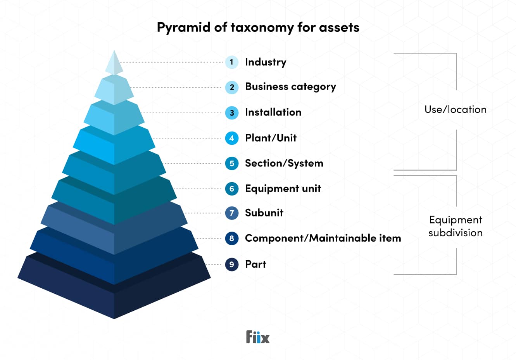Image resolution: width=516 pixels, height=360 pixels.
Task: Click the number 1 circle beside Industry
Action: point(231,62)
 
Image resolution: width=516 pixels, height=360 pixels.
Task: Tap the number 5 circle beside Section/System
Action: point(231,163)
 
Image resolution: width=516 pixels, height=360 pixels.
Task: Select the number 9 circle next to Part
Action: point(231,265)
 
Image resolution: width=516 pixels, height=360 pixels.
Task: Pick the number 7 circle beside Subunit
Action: point(231,213)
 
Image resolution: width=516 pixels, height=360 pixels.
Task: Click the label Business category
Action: point(290,87)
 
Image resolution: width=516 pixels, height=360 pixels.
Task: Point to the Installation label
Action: point(273,112)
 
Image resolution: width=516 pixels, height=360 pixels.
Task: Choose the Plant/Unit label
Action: point(271,138)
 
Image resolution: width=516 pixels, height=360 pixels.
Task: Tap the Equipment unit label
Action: point(283,189)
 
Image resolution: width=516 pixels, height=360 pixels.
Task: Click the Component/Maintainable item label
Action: point(323,238)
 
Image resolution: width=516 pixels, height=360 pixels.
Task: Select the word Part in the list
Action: point(255,265)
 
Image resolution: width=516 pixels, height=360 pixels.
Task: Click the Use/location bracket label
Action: point(455,110)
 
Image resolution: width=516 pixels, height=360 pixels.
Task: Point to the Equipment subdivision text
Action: point(456,226)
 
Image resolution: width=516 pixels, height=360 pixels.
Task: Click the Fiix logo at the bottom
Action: point(258,337)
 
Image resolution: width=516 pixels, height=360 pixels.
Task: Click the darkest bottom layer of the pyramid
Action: point(114,299)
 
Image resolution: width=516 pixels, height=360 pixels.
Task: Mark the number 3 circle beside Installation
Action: point(231,113)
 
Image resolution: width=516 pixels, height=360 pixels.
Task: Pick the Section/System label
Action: point(284,163)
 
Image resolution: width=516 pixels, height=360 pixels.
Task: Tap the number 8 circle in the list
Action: point(231,239)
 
